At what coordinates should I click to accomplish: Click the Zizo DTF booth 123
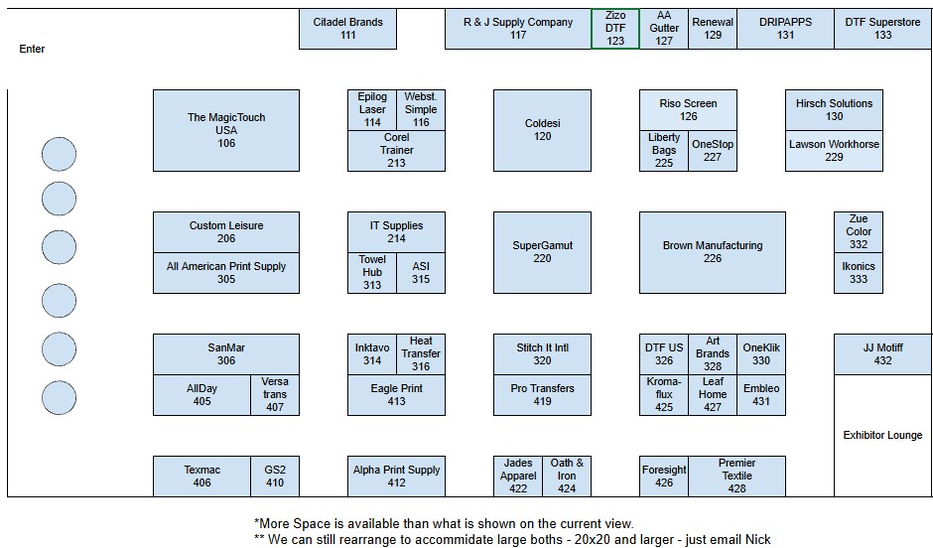[x=615, y=29]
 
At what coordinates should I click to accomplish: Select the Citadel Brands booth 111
[x=347, y=29]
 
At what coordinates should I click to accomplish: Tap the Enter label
[x=32, y=49]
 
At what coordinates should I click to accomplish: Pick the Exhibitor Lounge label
[x=882, y=435]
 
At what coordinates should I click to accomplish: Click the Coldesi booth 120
[x=542, y=130]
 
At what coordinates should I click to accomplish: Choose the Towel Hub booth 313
[x=372, y=273]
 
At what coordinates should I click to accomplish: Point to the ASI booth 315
[x=421, y=273]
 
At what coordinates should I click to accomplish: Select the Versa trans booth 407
[x=274, y=394]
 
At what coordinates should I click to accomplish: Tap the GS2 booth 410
[x=274, y=476]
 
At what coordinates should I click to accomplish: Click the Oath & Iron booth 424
[x=567, y=476]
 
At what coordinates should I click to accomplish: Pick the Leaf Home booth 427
[x=713, y=394]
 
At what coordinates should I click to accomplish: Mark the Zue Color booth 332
[x=858, y=232]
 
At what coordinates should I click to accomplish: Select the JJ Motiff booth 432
[x=882, y=354]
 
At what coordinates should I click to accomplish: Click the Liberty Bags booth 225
[x=663, y=151]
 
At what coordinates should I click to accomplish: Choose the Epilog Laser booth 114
[x=372, y=110]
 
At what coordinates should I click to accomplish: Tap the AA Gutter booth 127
[x=663, y=29]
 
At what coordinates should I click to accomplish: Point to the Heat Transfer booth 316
[x=421, y=354]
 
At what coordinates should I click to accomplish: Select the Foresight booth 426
[x=663, y=476]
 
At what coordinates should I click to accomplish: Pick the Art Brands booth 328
[x=713, y=354]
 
